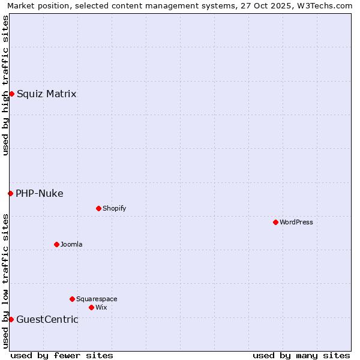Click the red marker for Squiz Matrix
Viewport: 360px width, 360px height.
coord(11,94)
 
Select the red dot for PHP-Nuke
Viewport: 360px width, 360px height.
coord(10,193)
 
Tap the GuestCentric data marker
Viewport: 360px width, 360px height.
coord(11,319)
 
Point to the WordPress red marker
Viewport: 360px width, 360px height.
coord(275,222)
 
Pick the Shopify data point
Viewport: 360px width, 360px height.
coord(98,208)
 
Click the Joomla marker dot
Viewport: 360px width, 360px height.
coord(56,244)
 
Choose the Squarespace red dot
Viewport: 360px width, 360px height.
coord(72,299)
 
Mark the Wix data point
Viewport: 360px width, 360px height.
coord(91,307)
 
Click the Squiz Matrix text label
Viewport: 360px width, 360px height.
coord(46,94)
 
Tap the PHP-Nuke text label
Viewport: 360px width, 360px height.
coord(39,193)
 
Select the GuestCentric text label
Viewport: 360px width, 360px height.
coord(47,319)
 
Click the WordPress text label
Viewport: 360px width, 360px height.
coord(296,222)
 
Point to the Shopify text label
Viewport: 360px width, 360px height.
coord(114,208)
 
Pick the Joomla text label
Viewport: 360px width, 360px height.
coord(71,244)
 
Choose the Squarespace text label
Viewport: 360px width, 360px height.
coord(97,299)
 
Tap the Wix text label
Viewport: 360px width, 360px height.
coord(101,307)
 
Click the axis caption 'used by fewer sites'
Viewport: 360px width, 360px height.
coord(62,355)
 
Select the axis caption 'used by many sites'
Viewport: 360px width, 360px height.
coord(301,355)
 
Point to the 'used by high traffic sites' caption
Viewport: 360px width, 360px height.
coord(5,85)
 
